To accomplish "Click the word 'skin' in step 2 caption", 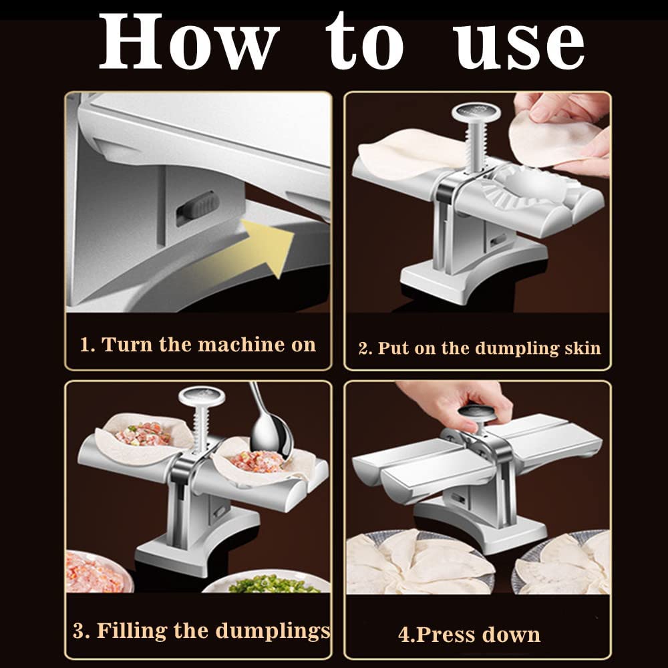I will tap(577, 348).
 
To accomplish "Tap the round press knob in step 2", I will tap(476, 113).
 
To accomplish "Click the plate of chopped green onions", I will tap(267, 584).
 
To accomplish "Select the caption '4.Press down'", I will tap(469, 634).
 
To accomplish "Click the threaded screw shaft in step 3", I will tap(200, 428).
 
